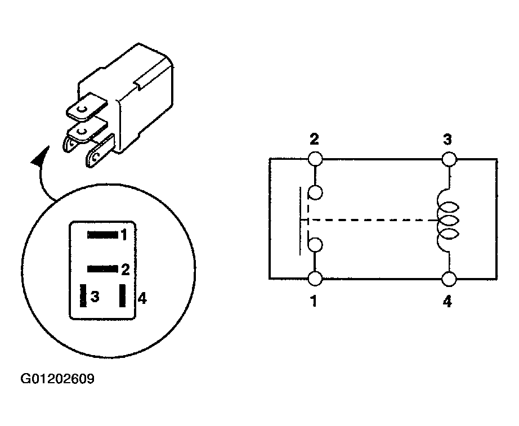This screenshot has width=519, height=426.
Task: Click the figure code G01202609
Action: click(x=57, y=379)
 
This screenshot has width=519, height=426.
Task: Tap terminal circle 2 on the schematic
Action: click(x=315, y=159)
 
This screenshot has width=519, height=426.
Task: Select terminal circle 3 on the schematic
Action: click(x=449, y=159)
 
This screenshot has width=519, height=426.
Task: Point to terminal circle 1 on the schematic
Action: click(x=315, y=279)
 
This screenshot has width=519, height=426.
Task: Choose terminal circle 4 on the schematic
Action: click(x=449, y=279)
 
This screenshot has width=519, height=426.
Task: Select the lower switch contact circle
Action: click(x=315, y=245)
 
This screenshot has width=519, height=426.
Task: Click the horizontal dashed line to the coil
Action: click(x=371, y=219)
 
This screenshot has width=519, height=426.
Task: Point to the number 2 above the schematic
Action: click(x=314, y=139)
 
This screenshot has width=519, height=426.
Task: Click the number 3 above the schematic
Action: click(x=447, y=140)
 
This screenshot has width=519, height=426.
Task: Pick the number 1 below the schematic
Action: click(x=314, y=301)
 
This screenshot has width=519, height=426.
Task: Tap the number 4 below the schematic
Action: click(x=447, y=302)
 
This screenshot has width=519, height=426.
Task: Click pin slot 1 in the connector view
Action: click(x=102, y=235)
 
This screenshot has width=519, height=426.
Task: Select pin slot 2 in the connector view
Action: click(x=102, y=269)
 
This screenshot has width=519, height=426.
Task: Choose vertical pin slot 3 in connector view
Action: click(x=83, y=295)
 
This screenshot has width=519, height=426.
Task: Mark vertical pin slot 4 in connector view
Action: click(x=123, y=295)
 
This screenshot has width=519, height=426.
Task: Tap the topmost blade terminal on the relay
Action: click(x=88, y=106)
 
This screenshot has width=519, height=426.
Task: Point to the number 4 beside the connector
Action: click(x=142, y=299)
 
